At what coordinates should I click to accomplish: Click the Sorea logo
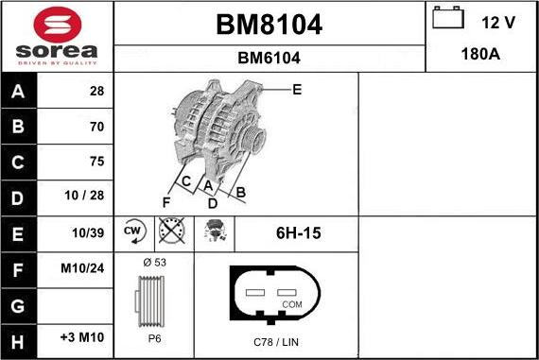[57, 36]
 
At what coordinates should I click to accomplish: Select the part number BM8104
[269, 25]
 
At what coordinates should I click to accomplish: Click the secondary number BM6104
[269, 58]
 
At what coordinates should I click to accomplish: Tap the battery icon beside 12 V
[447, 18]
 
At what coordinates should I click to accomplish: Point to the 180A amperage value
[481, 55]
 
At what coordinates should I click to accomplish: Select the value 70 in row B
[96, 126]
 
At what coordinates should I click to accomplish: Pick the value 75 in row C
[96, 162]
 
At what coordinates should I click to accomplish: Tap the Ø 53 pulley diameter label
[153, 261]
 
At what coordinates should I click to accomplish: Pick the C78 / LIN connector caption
[276, 340]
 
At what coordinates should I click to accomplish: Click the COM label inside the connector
[292, 304]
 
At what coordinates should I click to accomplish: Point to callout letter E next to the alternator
[297, 90]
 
